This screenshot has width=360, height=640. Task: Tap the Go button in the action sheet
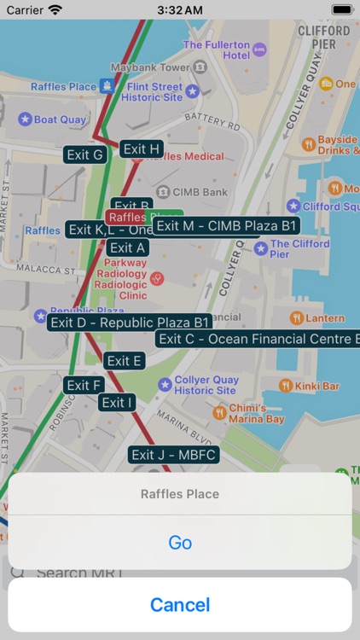(x=180, y=543)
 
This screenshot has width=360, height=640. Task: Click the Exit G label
(x=85, y=154)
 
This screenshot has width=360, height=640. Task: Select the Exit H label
(x=142, y=149)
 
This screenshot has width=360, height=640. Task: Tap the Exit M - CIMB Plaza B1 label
(x=228, y=225)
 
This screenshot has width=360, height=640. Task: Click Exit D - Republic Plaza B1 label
(x=130, y=323)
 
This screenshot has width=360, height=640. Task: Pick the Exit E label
(x=125, y=361)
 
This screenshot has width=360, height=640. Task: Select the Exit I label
(x=117, y=402)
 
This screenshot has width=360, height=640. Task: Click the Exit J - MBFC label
(x=174, y=455)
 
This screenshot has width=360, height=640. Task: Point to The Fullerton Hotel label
(x=217, y=49)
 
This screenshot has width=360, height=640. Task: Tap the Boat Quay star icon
(x=25, y=119)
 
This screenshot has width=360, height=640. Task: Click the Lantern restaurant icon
(x=296, y=318)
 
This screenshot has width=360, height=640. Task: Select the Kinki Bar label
(x=318, y=386)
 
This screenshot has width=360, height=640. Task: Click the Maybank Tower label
(x=150, y=67)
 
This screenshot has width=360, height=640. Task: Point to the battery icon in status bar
(x=341, y=9)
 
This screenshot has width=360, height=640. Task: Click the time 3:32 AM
(x=180, y=9)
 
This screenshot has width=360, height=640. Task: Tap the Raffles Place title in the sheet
(x=180, y=494)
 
